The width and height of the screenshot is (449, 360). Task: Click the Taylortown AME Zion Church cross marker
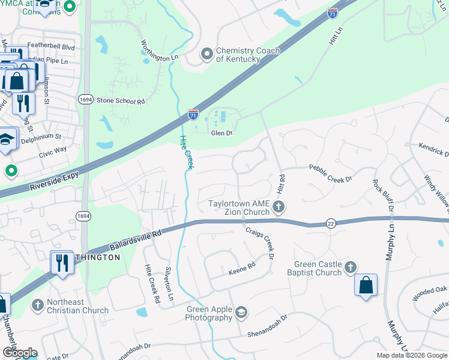(278, 208)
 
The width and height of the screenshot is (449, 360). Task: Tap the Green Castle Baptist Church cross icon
(351, 266)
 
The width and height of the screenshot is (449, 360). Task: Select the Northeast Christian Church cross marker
(38, 305)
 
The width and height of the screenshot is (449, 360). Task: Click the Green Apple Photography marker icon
(241, 312)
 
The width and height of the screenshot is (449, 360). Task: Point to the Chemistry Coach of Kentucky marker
(207, 55)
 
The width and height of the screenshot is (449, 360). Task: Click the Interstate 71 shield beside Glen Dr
(193, 115)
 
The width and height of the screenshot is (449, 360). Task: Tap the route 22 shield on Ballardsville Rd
(331, 223)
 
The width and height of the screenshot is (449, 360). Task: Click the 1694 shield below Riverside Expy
(84, 215)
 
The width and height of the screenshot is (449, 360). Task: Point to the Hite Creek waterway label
(184, 151)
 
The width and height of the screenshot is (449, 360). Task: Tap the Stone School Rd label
(121, 101)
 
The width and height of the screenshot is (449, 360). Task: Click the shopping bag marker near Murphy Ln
(366, 286)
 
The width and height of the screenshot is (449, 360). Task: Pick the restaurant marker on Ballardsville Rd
(62, 262)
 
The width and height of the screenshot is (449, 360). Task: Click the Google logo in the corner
(20, 352)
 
